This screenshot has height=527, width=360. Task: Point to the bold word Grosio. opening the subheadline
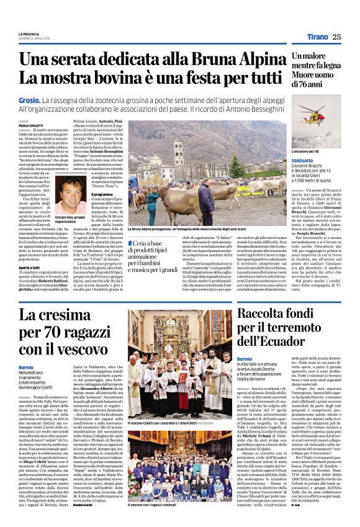coord(30,100)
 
